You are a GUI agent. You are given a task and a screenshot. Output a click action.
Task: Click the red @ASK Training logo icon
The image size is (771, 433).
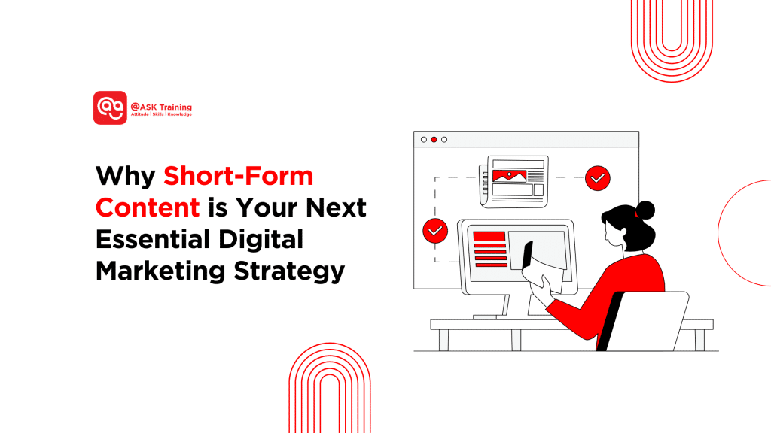[x=110, y=107]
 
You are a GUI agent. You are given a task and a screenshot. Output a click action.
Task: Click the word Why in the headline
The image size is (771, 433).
[x=126, y=176]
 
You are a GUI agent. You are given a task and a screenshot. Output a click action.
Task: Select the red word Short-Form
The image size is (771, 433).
[x=239, y=176]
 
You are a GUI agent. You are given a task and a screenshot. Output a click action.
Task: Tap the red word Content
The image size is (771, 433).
[x=148, y=207]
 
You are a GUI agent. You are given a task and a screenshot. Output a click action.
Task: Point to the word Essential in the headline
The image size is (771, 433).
[x=153, y=239]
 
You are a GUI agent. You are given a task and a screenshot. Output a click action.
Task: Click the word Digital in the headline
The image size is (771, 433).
[x=261, y=240]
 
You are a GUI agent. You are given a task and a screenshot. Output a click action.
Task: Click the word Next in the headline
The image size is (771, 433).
[x=336, y=207]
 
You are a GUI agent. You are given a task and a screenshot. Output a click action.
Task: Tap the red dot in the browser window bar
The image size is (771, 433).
[x=434, y=139]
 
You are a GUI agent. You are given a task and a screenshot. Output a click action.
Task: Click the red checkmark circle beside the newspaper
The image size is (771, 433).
[x=597, y=178]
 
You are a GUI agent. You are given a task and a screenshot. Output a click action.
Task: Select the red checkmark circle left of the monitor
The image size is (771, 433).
[x=435, y=231]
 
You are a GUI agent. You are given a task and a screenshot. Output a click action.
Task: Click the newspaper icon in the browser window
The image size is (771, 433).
[x=513, y=182]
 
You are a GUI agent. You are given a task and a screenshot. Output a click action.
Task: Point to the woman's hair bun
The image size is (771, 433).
[x=645, y=210]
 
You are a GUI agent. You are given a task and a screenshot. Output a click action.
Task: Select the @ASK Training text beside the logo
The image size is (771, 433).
[x=161, y=107]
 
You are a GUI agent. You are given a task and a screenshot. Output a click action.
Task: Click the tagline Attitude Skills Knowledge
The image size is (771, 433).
[x=161, y=114]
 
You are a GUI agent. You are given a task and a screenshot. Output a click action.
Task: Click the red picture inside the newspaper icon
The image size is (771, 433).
[x=510, y=176]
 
